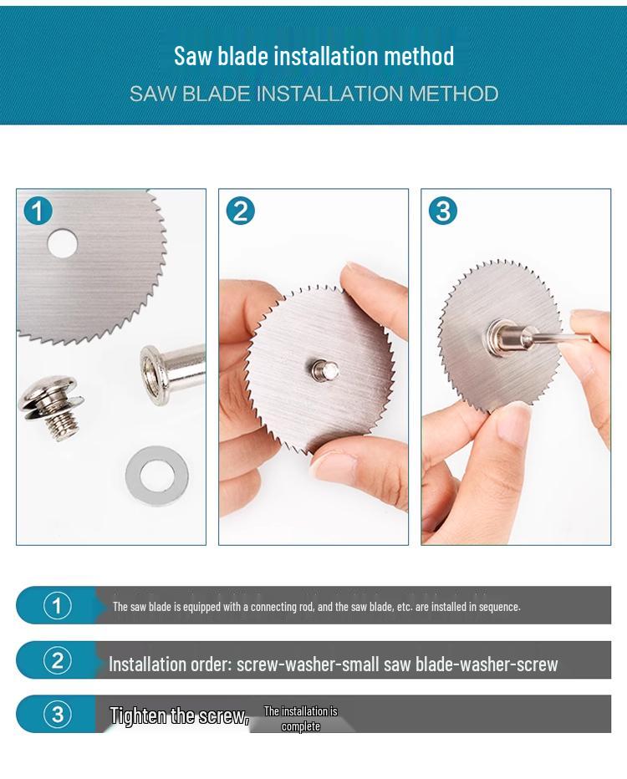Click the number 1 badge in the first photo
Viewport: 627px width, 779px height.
click(x=38, y=211)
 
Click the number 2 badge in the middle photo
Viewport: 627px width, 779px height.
click(x=241, y=211)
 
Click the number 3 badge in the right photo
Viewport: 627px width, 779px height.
click(x=443, y=211)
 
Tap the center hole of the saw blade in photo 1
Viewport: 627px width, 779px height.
click(x=63, y=243)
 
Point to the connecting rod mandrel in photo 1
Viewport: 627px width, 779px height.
click(x=172, y=372)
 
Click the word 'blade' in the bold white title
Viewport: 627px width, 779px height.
click(x=242, y=56)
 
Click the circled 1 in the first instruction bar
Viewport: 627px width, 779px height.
click(x=57, y=606)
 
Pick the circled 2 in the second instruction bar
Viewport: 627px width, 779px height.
click(x=57, y=660)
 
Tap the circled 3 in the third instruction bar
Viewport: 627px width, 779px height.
click(x=57, y=715)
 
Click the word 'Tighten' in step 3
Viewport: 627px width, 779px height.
click(x=138, y=716)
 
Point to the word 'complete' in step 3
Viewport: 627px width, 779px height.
click(x=301, y=726)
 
